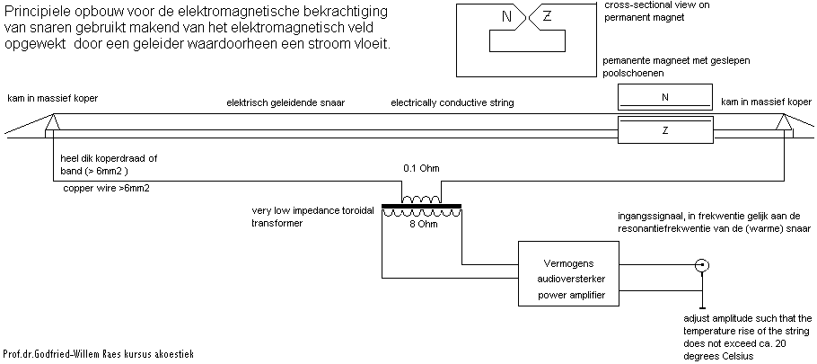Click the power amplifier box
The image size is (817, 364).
[571, 276]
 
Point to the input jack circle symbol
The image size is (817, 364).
[703, 266]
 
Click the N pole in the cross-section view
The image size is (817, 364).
[507, 15]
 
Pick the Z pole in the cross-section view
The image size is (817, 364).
[548, 15]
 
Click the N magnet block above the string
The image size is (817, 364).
[663, 97]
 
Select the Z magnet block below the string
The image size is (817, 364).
[663, 130]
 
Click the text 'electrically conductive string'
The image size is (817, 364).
[452, 103]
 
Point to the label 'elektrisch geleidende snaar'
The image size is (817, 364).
[286, 103]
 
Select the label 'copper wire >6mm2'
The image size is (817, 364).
[105, 189]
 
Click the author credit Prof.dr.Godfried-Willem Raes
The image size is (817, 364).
[99, 355]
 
